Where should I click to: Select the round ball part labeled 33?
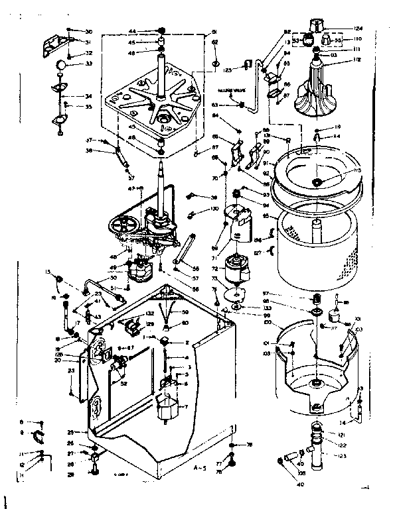click(60, 64)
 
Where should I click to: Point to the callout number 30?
click(89, 31)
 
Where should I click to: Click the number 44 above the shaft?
click(132, 31)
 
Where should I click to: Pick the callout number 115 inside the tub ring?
click(356, 170)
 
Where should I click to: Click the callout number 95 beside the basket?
click(266, 215)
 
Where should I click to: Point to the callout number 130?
click(214, 209)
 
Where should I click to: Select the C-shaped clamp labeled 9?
click(39, 434)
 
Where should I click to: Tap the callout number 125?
click(227, 69)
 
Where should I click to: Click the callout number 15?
click(47, 272)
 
